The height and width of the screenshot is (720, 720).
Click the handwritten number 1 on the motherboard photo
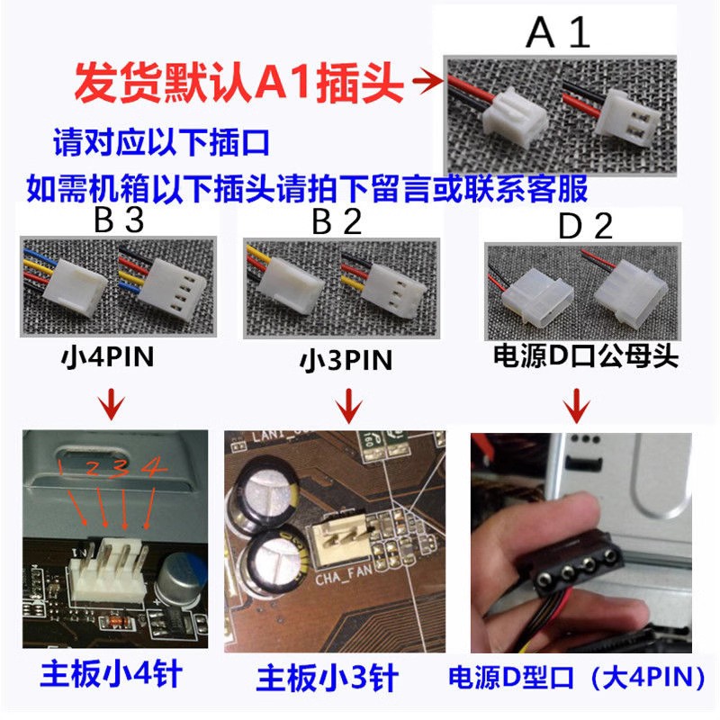61,465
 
